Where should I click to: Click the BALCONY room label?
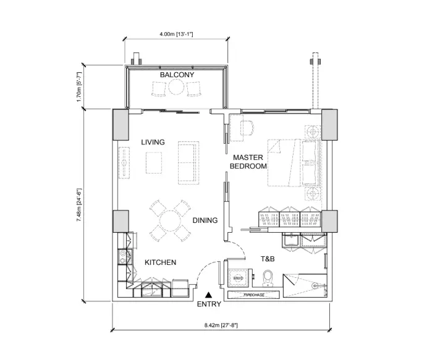(177, 75)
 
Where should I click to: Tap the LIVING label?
(153, 142)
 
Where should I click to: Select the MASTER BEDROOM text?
(248, 162)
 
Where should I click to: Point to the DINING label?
(205, 220)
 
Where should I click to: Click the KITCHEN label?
(160, 262)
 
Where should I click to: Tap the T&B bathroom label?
(268, 259)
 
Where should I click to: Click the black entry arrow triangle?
(208, 295)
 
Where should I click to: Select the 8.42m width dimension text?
(221, 325)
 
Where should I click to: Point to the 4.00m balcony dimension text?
(176, 34)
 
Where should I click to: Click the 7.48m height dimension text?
(79, 205)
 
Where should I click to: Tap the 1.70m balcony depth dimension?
(79, 87)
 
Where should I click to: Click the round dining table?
(171, 221)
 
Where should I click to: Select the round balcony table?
(176, 87)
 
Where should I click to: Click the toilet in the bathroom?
(268, 278)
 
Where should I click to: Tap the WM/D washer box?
(238, 278)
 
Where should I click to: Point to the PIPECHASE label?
(253, 295)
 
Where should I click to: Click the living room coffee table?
(154, 162)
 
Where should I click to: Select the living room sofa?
(188, 162)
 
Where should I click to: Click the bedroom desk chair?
(247, 128)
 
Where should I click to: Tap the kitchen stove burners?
(122, 257)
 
